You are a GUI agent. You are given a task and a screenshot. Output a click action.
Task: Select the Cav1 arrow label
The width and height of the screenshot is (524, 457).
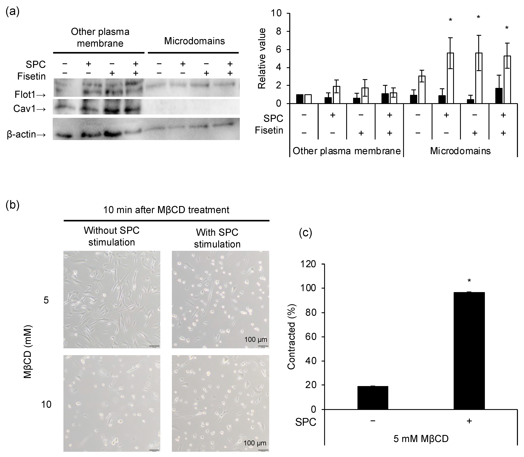(x=30, y=109)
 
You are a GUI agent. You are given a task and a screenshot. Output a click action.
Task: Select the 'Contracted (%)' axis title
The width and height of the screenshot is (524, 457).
(x=291, y=337)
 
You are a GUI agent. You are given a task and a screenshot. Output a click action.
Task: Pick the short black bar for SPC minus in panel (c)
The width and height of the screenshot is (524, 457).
(x=373, y=398)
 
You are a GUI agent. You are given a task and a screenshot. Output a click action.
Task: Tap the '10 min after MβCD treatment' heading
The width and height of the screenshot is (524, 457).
(x=166, y=210)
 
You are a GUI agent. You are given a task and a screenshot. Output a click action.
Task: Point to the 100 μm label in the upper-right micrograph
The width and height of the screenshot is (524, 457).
(x=256, y=339)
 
